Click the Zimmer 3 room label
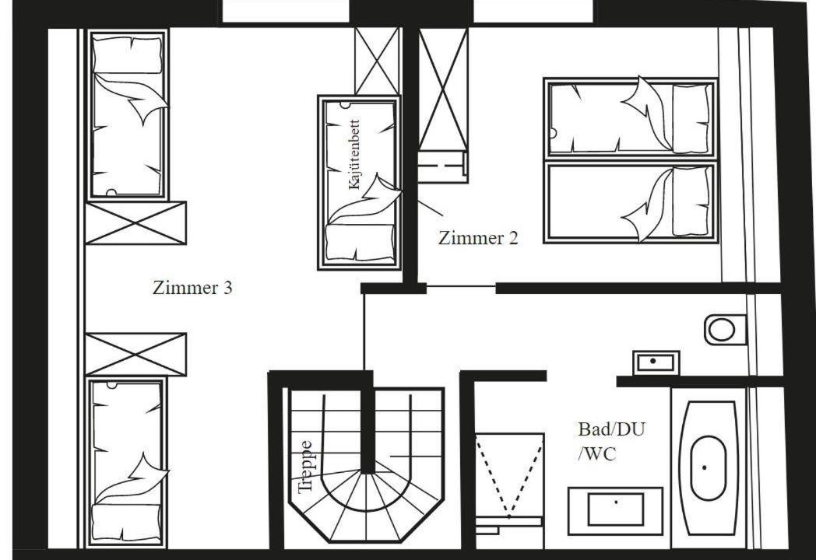coord(192,288)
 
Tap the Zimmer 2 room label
coord(478,238)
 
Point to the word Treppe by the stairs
coord(305,467)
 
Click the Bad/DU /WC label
coord(611,442)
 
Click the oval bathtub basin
coord(708,467)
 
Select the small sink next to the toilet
coord(656,362)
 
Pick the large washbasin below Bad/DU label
coord(615,510)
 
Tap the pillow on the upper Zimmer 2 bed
coord(691,118)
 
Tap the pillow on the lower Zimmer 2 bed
coord(691,201)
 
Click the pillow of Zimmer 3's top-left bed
coord(128,54)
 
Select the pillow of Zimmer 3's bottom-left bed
coord(126,523)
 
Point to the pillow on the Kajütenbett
coord(360,242)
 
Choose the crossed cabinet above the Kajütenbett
coord(378,61)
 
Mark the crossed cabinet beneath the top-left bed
coord(135,223)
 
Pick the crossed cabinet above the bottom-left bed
coord(135,355)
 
